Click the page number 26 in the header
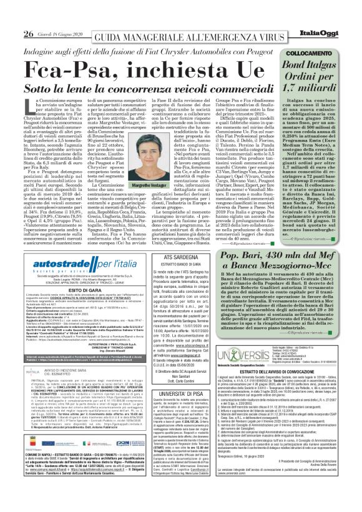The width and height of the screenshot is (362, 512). [x=11, y=16]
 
